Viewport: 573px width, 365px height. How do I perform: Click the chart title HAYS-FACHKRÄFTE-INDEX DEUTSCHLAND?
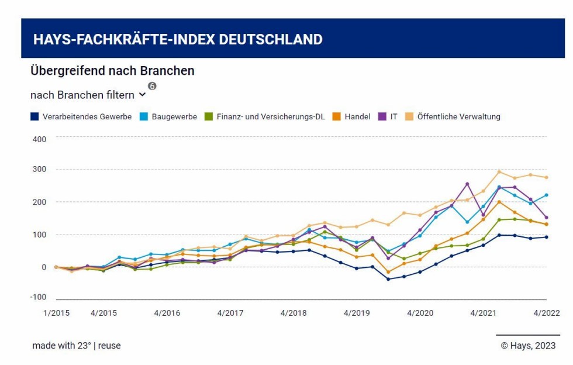coord(178,39)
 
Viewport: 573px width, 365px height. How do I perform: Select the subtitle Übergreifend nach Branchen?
coord(112,71)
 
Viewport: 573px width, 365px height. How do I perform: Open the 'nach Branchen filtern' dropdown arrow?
coord(143,95)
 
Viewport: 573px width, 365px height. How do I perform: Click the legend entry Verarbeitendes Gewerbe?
coord(87,116)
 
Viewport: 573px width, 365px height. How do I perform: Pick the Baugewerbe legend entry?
coord(174,116)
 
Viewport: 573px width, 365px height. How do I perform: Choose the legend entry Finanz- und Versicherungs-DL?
coord(270,116)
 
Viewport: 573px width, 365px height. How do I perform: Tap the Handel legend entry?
coord(357,116)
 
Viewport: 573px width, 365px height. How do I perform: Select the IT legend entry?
coord(393,116)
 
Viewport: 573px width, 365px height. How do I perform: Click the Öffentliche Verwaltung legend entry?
coord(458,116)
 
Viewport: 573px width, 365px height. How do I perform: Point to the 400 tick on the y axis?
coord(39,139)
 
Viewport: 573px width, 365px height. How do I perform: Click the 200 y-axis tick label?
coord(39,202)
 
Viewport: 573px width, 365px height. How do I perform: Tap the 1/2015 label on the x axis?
coord(56,313)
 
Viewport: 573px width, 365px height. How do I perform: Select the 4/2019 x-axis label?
coord(357,313)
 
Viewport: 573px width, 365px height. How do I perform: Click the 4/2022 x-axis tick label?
coord(547,313)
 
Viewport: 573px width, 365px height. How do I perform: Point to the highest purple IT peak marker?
coord(467,184)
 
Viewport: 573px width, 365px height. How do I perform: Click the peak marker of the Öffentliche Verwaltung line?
coord(499,171)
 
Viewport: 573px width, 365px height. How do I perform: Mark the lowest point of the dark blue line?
coord(388,279)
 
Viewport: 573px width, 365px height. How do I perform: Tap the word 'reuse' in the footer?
coord(109,345)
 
